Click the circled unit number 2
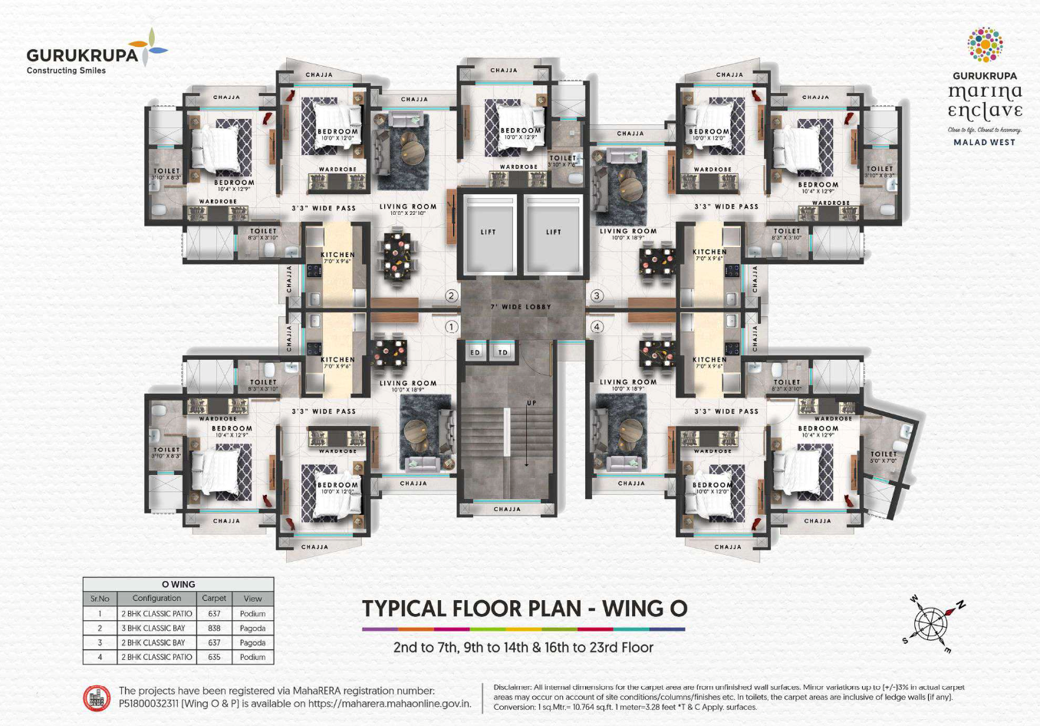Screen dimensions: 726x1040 (x=451, y=296)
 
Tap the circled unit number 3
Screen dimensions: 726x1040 (x=596, y=296)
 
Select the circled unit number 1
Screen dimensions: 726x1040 (x=451, y=327)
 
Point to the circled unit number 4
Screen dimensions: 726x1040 (x=596, y=327)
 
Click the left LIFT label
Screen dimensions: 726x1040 (x=489, y=232)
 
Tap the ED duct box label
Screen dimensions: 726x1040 (x=476, y=352)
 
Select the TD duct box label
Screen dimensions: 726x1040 (x=503, y=352)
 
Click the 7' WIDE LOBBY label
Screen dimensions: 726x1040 (x=521, y=307)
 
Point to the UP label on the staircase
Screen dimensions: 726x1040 (x=532, y=403)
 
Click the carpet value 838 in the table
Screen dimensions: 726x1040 (x=214, y=628)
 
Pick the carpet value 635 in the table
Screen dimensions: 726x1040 (x=214, y=657)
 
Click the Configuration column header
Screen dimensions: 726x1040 (x=156, y=599)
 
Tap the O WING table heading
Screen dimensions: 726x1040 (x=178, y=585)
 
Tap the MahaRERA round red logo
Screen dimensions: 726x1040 (x=97, y=697)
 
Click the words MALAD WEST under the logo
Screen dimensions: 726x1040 (x=984, y=142)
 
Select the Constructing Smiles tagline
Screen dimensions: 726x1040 (x=66, y=71)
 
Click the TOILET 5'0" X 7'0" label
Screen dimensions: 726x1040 (x=883, y=457)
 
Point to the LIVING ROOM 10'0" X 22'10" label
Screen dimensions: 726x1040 (x=408, y=209)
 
